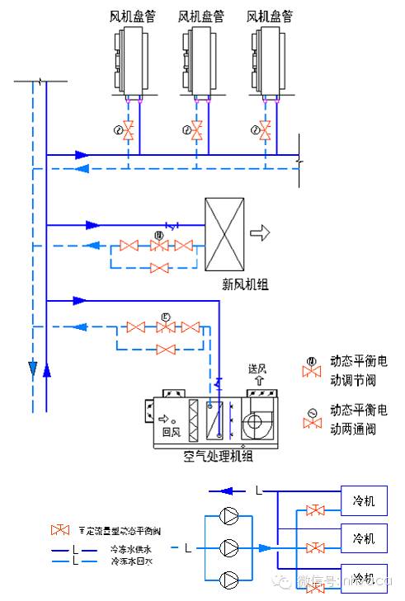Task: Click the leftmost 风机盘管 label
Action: [x=132, y=16]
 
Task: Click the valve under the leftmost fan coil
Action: [x=130, y=129]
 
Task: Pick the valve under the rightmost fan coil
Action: [x=265, y=129]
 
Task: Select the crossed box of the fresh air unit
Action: [x=224, y=233]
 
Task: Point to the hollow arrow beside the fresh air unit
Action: [x=261, y=233]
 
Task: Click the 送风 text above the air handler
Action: [x=258, y=369]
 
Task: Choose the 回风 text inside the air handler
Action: [x=171, y=430]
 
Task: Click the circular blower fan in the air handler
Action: [x=256, y=422]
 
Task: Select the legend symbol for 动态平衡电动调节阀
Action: [x=313, y=369]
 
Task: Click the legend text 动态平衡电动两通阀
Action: [x=358, y=419]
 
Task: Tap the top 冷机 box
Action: [x=364, y=500]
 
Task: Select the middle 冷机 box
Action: [x=364, y=538]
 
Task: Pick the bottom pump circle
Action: [x=230, y=577]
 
